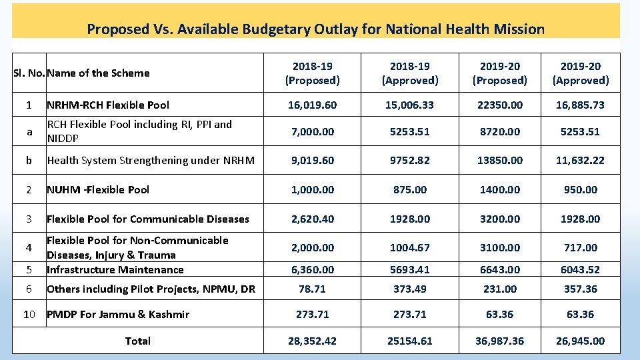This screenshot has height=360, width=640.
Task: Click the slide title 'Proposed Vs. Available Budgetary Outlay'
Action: (x=315, y=29)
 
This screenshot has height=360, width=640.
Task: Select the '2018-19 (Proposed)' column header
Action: (x=312, y=73)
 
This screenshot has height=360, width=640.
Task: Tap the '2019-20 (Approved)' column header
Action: (x=580, y=73)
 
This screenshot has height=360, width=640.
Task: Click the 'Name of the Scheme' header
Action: (x=98, y=73)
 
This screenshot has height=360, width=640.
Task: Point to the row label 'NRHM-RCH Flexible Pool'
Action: (x=108, y=105)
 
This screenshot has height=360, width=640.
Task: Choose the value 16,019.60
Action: (x=312, y=105)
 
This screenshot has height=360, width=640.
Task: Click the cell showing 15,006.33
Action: (x=410, y=105)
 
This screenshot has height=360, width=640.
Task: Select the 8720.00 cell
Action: (x=499, y=131)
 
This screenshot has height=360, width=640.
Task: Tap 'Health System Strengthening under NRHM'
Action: (x=151, y=161)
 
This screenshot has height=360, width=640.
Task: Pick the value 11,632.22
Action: (x=580, y=161)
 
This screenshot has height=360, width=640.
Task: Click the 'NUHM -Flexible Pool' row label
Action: (x=98, y=190)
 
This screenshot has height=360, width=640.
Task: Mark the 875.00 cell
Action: (x=410, y=190)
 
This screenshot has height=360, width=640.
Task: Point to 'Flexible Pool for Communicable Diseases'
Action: (x=148, y=219)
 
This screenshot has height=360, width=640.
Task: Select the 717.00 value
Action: (x=580, y=248)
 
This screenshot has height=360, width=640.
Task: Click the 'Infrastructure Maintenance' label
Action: (x=115, y=270)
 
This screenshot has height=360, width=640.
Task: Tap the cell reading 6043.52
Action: (x=580, y=270)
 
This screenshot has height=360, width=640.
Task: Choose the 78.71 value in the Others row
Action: (x=312, y=289)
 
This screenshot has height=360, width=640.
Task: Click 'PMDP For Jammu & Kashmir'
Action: (x=118, y=315)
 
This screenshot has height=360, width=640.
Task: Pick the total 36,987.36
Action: (x=499, y=341)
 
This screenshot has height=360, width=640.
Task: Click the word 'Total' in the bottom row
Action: (x=138, y=341)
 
